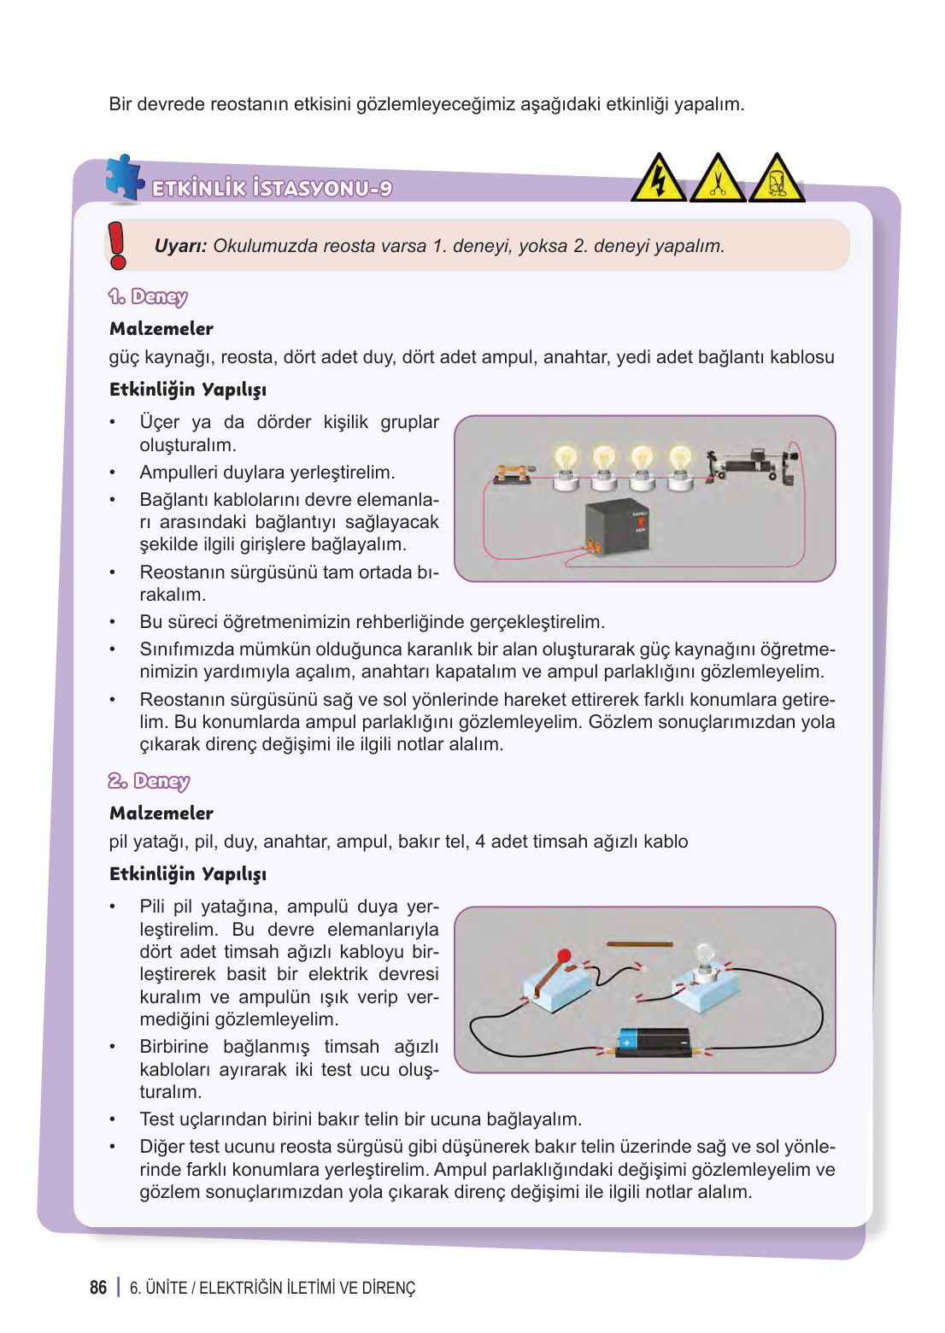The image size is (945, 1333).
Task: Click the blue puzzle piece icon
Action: point(124,179)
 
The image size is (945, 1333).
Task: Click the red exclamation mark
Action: point(118,245)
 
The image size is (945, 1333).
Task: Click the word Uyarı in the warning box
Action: point(179,246)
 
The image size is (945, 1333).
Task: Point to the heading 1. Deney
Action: point(148,297)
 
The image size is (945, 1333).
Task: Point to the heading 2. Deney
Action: point(149,781)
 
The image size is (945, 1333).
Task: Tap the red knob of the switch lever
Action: point(564,955)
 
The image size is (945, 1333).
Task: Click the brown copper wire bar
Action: point(639,944)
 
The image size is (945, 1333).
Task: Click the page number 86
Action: point(98,1288)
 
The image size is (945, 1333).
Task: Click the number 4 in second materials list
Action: point(480,842)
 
